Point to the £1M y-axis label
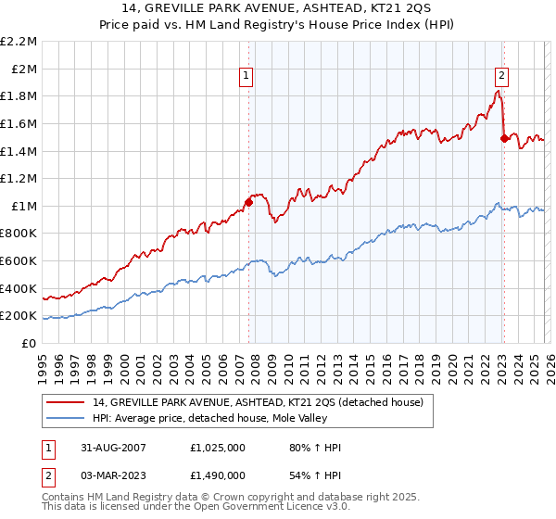[x=25, y=206]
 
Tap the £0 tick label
[x=30, y=343]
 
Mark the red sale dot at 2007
[x=248, y=202]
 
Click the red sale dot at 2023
[x=504, y=138]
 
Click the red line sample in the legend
[x=66, y=402]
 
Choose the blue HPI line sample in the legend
[x=66, y=418]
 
